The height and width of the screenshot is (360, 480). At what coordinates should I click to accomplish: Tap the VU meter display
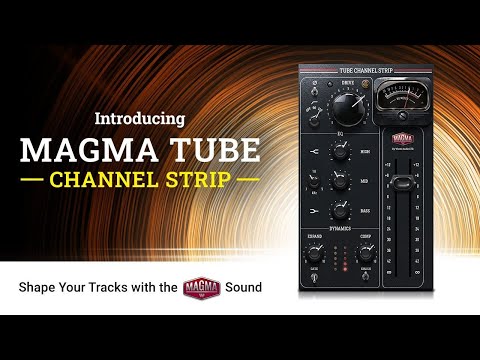click(x=397, y=98)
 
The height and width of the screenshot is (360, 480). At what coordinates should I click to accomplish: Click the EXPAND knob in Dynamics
click(x=319, y=252)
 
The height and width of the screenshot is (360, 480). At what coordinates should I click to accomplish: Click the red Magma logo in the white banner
click(x=201, y=287)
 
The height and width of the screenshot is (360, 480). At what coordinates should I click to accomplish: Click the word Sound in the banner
click(x=243, y=287)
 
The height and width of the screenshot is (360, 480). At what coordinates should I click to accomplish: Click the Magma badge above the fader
click(x=401, y=141)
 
